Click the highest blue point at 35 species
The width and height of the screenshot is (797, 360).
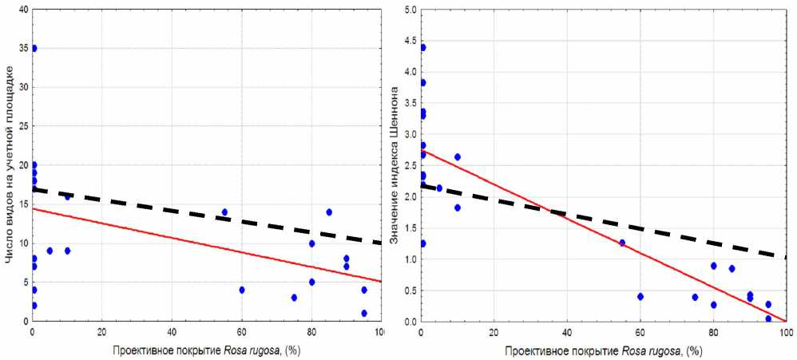pyautogui.click(x=34, y=48)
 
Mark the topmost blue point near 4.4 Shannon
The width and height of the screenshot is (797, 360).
pyautogui.click(x=422, y=48)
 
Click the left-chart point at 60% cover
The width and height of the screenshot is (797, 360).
pyautogui.click(x=242, y=290)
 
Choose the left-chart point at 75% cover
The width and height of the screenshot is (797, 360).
pyautogui.click(x=294, y=298)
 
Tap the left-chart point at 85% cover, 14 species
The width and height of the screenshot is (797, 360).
pyautogui.click(x=329, y=212)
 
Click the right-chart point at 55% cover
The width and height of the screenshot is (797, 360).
pyautogui.click(x=622, y=243)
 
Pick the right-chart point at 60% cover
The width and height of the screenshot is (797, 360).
pyautogui.click(x=640, y=296)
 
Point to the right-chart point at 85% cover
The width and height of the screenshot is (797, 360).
pyautogui.click(x=732, y=269)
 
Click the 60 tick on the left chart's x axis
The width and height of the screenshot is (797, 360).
pyautogui.click(x=242, y=332)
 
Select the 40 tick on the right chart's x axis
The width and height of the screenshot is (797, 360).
pyautogui.click(x=567, y=332)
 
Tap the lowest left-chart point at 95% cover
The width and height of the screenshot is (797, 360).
pyautogui.click(x=364, y=313)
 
